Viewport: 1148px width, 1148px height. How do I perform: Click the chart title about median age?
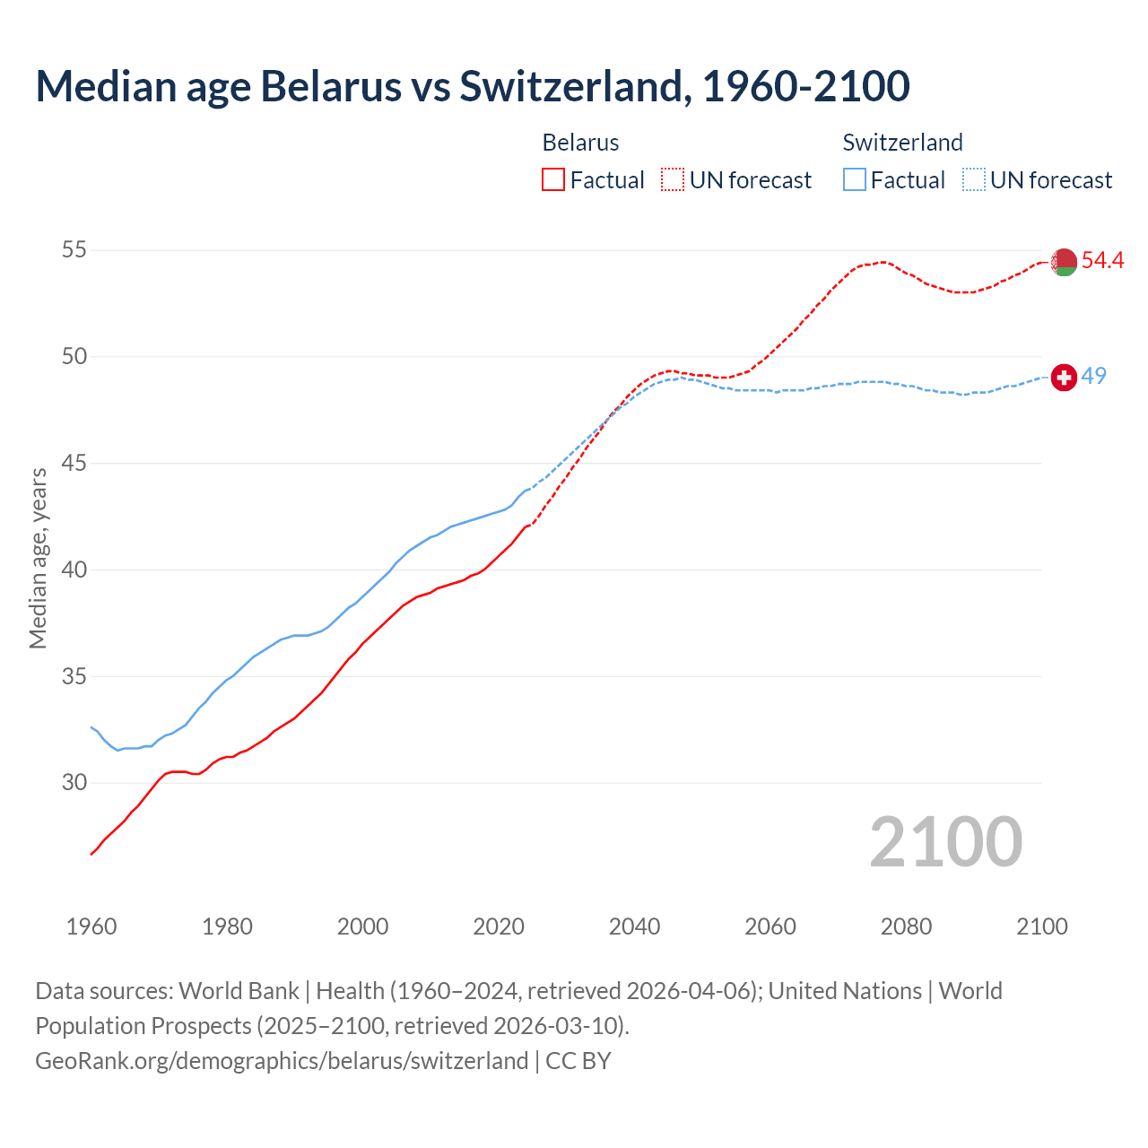click(x=473, y=86)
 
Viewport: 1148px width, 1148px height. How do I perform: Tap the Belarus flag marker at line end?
click(x=1064, y=262)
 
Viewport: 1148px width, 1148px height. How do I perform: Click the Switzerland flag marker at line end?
click(x=1064, y=378)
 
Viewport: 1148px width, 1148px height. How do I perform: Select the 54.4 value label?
click(x=1102, y=260)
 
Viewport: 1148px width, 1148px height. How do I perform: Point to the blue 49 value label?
click(x=1093, y=376)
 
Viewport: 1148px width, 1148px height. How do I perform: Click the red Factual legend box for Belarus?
click(x=553, y=180)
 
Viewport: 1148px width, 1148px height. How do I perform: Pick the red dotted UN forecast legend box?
click(x=673, y=180)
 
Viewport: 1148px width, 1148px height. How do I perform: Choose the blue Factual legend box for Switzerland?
click(x=855, y=180)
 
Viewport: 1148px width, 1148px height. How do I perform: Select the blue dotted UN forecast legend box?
click(x=974, y=180)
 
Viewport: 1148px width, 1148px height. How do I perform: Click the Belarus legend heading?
click(x=580, y=143)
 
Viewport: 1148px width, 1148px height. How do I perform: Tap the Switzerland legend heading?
click(x=902, y=143)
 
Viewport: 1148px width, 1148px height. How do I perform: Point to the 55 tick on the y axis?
click(x=74, y=250)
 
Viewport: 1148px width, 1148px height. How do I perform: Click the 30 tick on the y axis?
click(x=74, y=783)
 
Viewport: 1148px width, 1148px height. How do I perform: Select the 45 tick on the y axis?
click(x=74, y=464)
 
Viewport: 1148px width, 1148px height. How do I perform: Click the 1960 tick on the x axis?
click(x=91, y=926)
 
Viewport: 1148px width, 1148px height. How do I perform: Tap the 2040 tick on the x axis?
click(x=634, y=926)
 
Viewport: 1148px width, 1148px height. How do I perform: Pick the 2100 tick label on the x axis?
click(x=1042, y=926)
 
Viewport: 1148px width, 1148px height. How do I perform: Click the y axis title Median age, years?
click(x=38, y=558)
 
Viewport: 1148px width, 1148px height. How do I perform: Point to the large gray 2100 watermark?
click(x=945, y=842)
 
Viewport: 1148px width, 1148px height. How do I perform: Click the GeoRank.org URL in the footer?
click(x=282, y=1061)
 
